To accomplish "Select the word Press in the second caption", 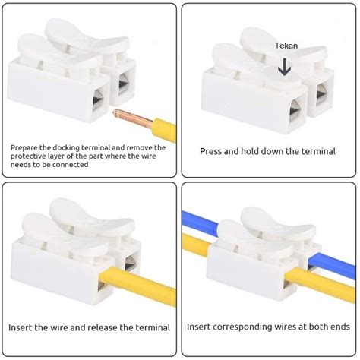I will pos(213,151).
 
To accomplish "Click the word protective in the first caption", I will pos(33,156).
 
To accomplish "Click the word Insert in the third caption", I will pos(22,327).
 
